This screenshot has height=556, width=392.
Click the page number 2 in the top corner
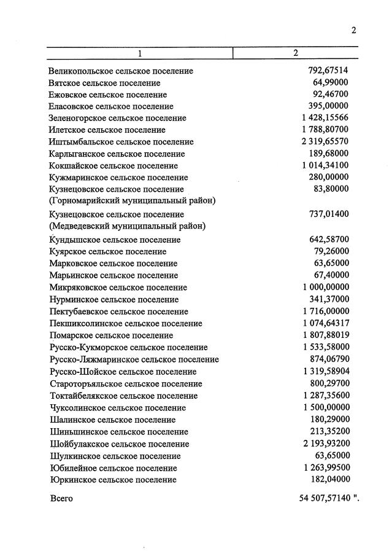click(x=354, y=30)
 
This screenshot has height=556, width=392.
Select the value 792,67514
click(x=328, y=71)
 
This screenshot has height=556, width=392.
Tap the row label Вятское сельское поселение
click(x=104, y=83)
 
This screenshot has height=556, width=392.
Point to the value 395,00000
click(x=328, y=106)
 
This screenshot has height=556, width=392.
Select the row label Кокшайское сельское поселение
click(x=113, y=166)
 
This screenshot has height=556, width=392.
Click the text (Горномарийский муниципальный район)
click(x=132, y=200)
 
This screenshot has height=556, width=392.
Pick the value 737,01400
click(x=328, y=214)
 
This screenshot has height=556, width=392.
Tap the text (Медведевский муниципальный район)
click(x=127, y=225)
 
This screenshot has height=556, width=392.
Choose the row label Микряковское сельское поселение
click(x=118, y=288)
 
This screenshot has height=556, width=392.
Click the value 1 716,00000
click(x=325, y=311)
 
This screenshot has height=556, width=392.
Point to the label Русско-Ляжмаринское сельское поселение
click(x=134, y=359)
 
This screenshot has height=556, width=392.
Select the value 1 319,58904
click(x=325, y=372)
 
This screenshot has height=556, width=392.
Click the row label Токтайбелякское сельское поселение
click(x=123, y=396)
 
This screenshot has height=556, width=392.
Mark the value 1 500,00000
click(x=325, y=408)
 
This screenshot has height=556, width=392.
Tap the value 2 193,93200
click(x=325, y=444)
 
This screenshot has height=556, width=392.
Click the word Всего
click(x=61, y=498)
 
